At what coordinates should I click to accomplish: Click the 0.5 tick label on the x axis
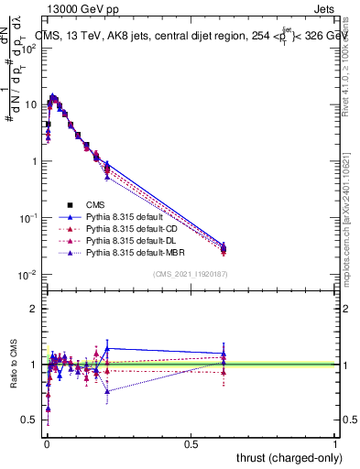191,443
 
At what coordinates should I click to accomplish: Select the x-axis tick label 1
335,443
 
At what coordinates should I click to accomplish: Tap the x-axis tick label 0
47,443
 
